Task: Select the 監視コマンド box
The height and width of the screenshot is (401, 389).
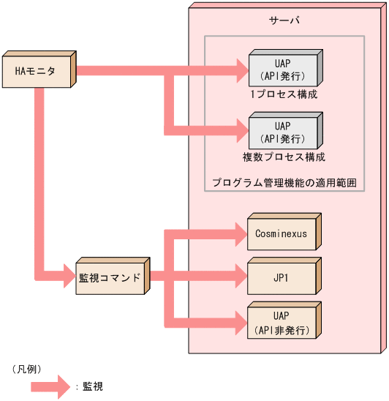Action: tap(110, 279)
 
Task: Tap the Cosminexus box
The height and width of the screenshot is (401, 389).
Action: tap(281, 234)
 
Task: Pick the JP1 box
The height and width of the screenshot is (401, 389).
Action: tap(281, 277)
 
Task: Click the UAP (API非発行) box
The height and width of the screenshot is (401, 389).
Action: tap(281, 323)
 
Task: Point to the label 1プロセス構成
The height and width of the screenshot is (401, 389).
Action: tap(284, 94)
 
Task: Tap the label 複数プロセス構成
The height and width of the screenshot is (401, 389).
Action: tap(284, 157)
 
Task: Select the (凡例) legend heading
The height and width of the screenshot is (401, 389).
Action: tap(26, 368)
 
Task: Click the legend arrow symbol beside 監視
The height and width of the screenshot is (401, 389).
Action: tap(53, 386)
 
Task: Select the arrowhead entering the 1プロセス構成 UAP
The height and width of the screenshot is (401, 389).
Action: tap(241, 71)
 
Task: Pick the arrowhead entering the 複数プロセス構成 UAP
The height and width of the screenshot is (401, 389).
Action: tap(241, 132)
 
